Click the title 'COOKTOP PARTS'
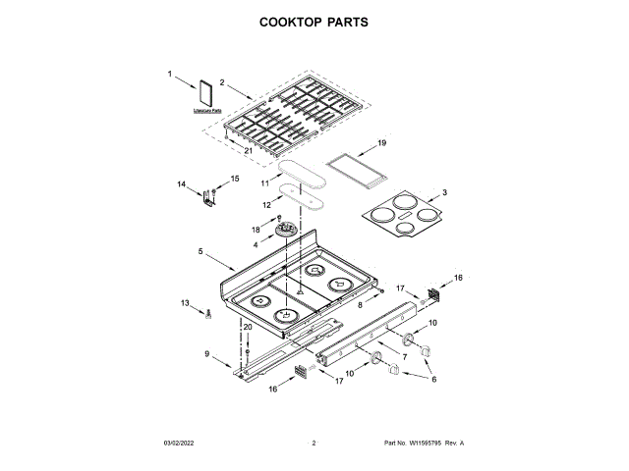click(x=314, y=21)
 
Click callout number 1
click(x=169, y=74)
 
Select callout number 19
click(x=383, y=143)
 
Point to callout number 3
click(x=444, y=193)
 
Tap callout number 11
click(x=264, y=183)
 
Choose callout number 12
click(x=264, y=204)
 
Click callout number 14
click(x=181, y=184)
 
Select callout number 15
click(x=234, y=178)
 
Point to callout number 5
click(x=200, y=252)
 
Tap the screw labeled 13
click(x=208, y=315)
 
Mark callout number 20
click(x=248, y=327)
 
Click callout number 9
click(x=207, y=353)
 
